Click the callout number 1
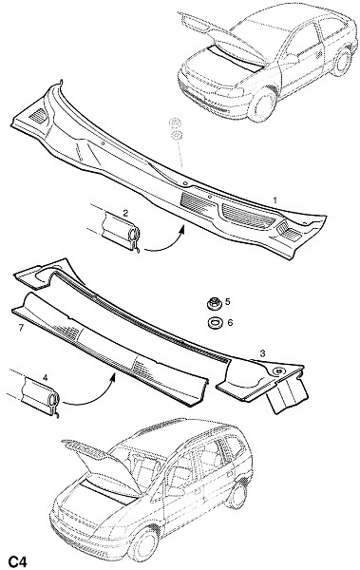point(275,199)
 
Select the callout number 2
point(125,214)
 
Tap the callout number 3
point(262,352)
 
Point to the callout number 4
point(45,378)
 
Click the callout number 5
point(228,301)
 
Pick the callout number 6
point(230,322)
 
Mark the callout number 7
point(21,329)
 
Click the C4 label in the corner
point(18,561)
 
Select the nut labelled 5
point(213,304)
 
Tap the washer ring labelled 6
point(213,323)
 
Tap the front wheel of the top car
point(261,104)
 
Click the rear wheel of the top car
point(341,62)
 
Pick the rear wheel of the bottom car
point(237,495)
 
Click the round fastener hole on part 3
point(279,371)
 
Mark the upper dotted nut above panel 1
point(176,123)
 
